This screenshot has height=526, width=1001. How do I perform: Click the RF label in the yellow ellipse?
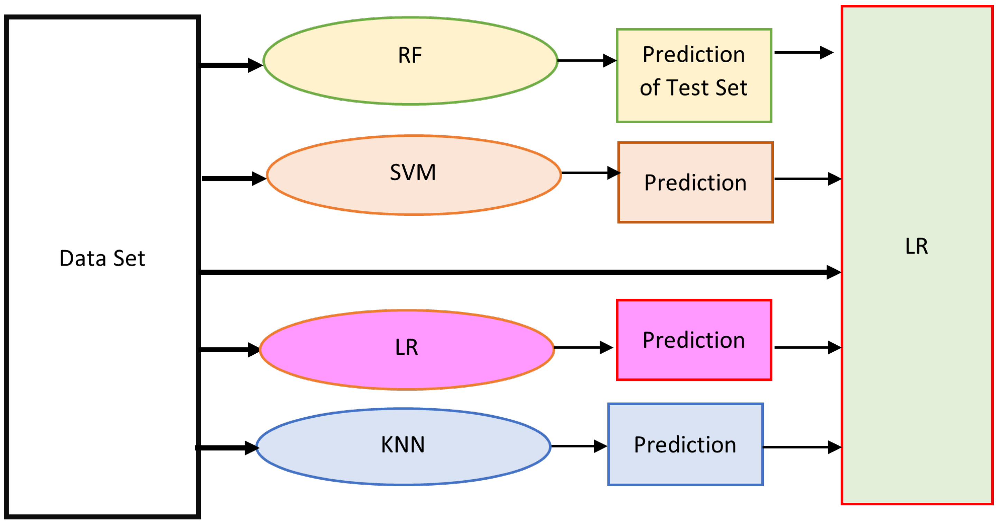click(410, 55)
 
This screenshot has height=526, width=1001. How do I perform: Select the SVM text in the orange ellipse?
click(413, 172)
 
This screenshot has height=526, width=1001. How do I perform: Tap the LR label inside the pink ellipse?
click(407, 347)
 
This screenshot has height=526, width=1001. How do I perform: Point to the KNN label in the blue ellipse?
click(402, 444)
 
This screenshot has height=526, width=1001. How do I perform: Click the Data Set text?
click(102, 259)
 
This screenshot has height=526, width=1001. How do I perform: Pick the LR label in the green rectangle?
click(916, 246)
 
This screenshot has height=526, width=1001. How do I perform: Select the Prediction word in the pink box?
click(694, 340)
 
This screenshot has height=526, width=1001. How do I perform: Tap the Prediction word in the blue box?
click(685, 445)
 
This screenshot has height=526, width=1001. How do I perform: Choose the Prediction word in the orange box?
click(695, 183)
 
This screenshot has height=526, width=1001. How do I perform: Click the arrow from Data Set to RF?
click(231, 65)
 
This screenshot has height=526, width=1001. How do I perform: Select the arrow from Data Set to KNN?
click(227, 448)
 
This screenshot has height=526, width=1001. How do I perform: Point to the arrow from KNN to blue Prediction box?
click(578, 446)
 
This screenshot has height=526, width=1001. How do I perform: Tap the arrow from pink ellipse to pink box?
click(583, 347)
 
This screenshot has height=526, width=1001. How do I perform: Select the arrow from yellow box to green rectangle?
click(803, 53)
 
